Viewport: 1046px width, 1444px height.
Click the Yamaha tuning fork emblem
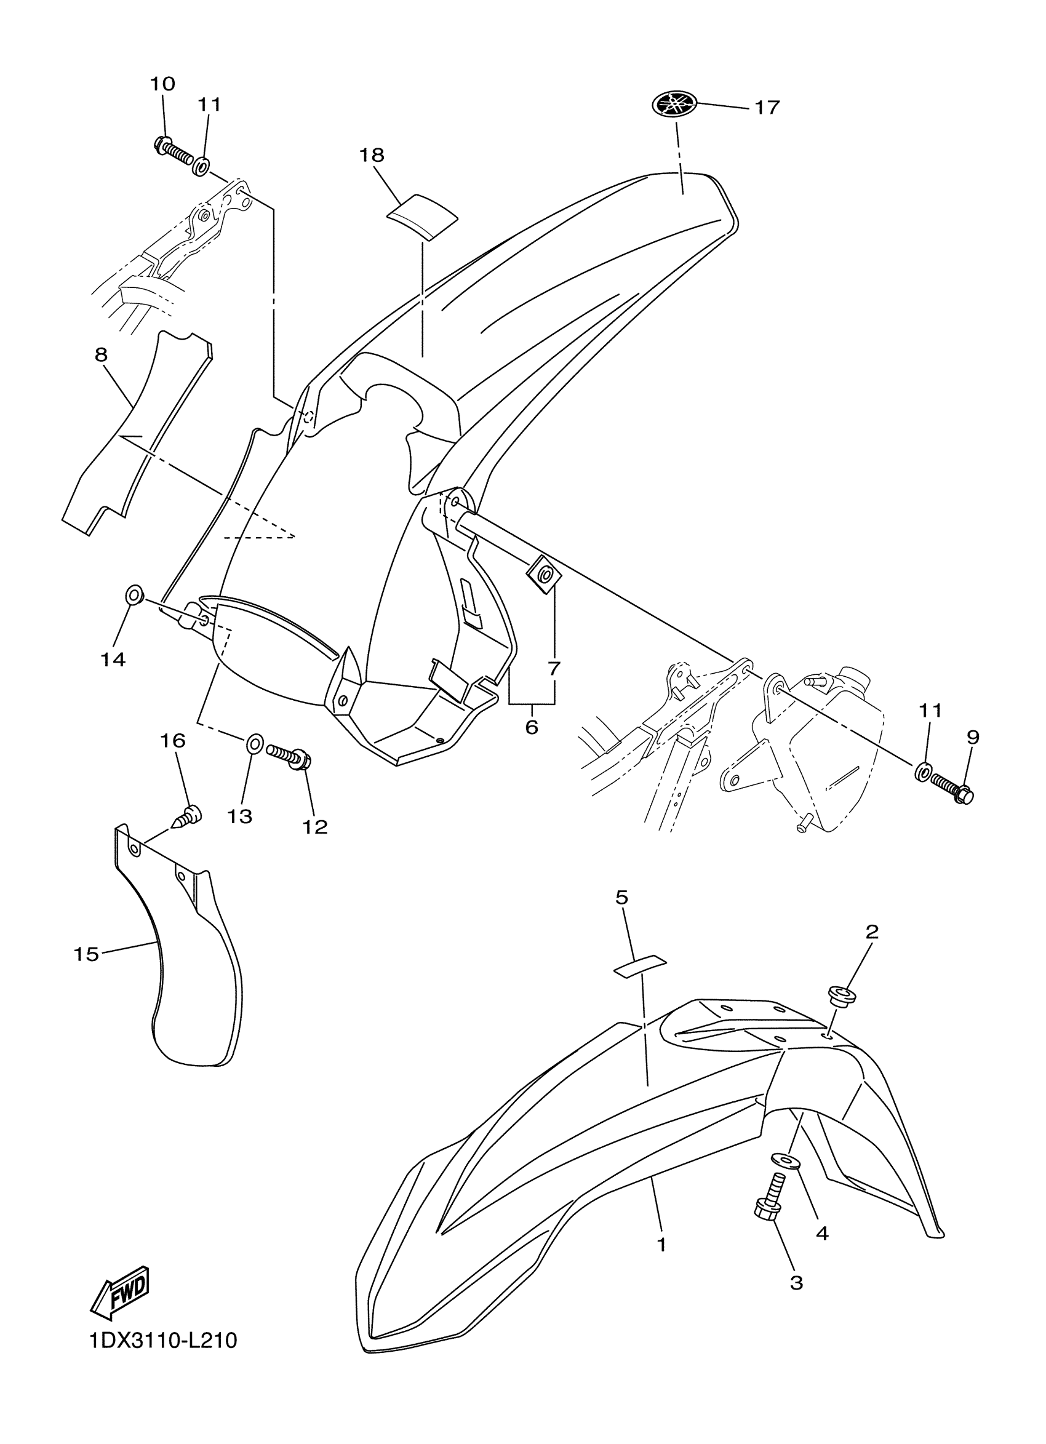click(x=674, y=105)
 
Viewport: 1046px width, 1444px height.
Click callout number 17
click(x=767, y=108)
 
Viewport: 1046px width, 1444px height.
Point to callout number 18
click(x=372, y=154)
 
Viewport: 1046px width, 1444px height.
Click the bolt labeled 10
click(x=174, y=151)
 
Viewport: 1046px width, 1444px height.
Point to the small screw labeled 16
click(x=188, y=816)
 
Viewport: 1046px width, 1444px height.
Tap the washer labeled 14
click(x=134, y=596)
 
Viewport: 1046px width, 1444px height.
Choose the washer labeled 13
click(x=254, y=743)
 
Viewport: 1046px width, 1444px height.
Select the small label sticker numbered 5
click(x=639, y=967)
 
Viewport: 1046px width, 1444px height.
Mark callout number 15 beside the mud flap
click(x=87, y=954)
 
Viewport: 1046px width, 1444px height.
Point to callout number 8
click(x=102, y=354)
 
